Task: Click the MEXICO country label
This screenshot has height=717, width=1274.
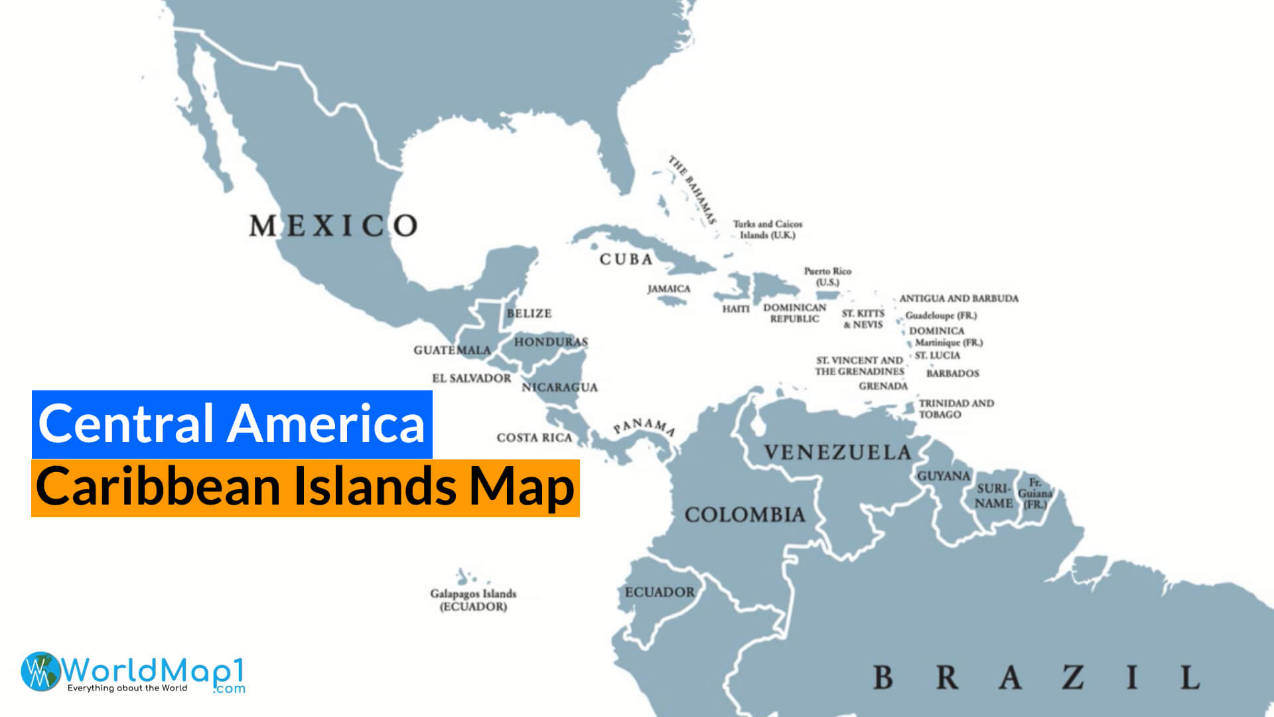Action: [x=333, y=226]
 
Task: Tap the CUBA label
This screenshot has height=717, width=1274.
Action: [x=626, y=260]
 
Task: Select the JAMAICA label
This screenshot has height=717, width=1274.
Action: [x=669, y=289]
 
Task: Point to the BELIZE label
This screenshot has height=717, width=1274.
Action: [x=529, y=313]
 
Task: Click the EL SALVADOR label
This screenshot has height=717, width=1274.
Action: [x=471, y=378]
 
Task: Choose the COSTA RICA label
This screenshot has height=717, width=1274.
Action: [x=534, y=438]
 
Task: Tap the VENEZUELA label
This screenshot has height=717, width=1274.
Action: [x=837, y=453]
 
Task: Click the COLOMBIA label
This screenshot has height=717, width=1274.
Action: [x=744, y=515]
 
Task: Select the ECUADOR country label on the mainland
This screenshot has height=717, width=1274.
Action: [x=660, y=592]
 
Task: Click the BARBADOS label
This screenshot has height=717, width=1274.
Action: [x=952, y=374]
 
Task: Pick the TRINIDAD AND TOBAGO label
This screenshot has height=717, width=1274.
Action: [x=955, y=409]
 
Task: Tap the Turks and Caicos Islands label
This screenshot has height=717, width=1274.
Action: [x=768, y=230]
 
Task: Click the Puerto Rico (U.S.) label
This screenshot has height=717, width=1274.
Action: [x=827, y=277]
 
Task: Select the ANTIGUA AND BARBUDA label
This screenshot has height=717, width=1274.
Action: [x=958, y=299]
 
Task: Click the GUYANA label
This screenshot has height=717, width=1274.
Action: [x=943, y=476]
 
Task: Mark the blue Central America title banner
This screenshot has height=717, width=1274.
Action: [x=232, y=424]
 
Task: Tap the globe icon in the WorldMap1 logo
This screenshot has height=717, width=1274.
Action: [x=40, y=671]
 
